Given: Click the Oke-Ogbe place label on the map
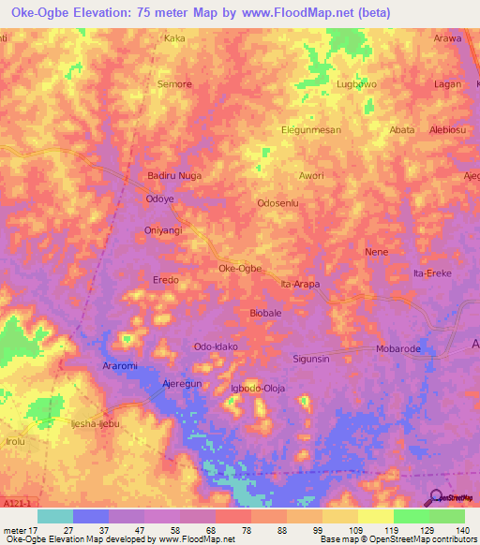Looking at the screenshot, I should pos(239,268).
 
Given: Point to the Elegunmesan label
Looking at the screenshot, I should pos(311,130).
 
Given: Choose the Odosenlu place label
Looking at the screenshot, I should pos(277,202).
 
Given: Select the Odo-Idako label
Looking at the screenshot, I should pos(216,346).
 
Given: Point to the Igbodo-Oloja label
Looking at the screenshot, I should pos(257,388).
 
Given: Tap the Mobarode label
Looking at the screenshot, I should pos(398,347).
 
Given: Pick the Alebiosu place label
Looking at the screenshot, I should pos(448,130).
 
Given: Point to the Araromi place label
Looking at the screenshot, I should pos(121,366).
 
